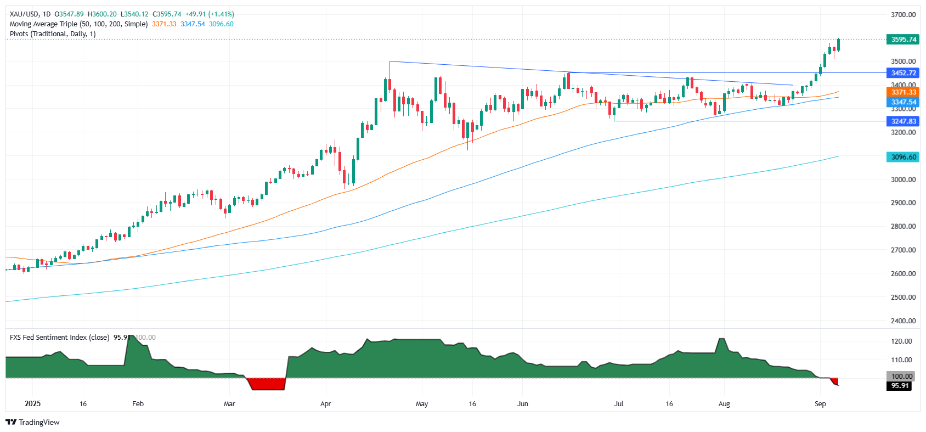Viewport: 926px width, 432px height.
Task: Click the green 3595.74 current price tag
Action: (x=903, y=40)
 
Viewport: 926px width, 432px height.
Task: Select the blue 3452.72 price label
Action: (x=903, y=73)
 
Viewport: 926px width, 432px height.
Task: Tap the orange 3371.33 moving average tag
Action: (x=903, y=92)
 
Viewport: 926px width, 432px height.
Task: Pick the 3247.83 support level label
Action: (x=903, y=121)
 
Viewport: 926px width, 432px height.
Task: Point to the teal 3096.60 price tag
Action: (x=903, y=157)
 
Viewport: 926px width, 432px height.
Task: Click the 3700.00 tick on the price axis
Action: (x=903, y=15)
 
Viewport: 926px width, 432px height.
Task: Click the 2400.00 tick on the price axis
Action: (x=903, y=321)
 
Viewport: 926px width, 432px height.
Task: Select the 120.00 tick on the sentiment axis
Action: (x=901, y=341)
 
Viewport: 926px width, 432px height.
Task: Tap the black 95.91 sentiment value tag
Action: (x=900, y=386)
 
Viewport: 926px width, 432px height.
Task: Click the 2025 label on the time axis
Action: (x=33, y=404)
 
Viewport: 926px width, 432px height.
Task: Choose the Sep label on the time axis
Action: (x=820, y=404)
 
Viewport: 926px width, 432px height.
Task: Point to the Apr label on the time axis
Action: (x=325, y=404)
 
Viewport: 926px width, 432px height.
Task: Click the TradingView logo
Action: (x=32, y=422)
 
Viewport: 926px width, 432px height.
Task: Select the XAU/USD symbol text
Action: (x=24, y=14)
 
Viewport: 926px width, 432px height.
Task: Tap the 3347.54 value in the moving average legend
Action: (x=193, y=24)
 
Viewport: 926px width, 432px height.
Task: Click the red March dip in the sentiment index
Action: (x=268, y=384)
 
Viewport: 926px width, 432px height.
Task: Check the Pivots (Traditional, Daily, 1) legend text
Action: (x=53, y=34)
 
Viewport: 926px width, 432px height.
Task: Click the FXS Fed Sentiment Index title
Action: (x=59, y=338)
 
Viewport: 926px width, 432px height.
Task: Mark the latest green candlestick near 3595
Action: (x=838, y=45)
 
